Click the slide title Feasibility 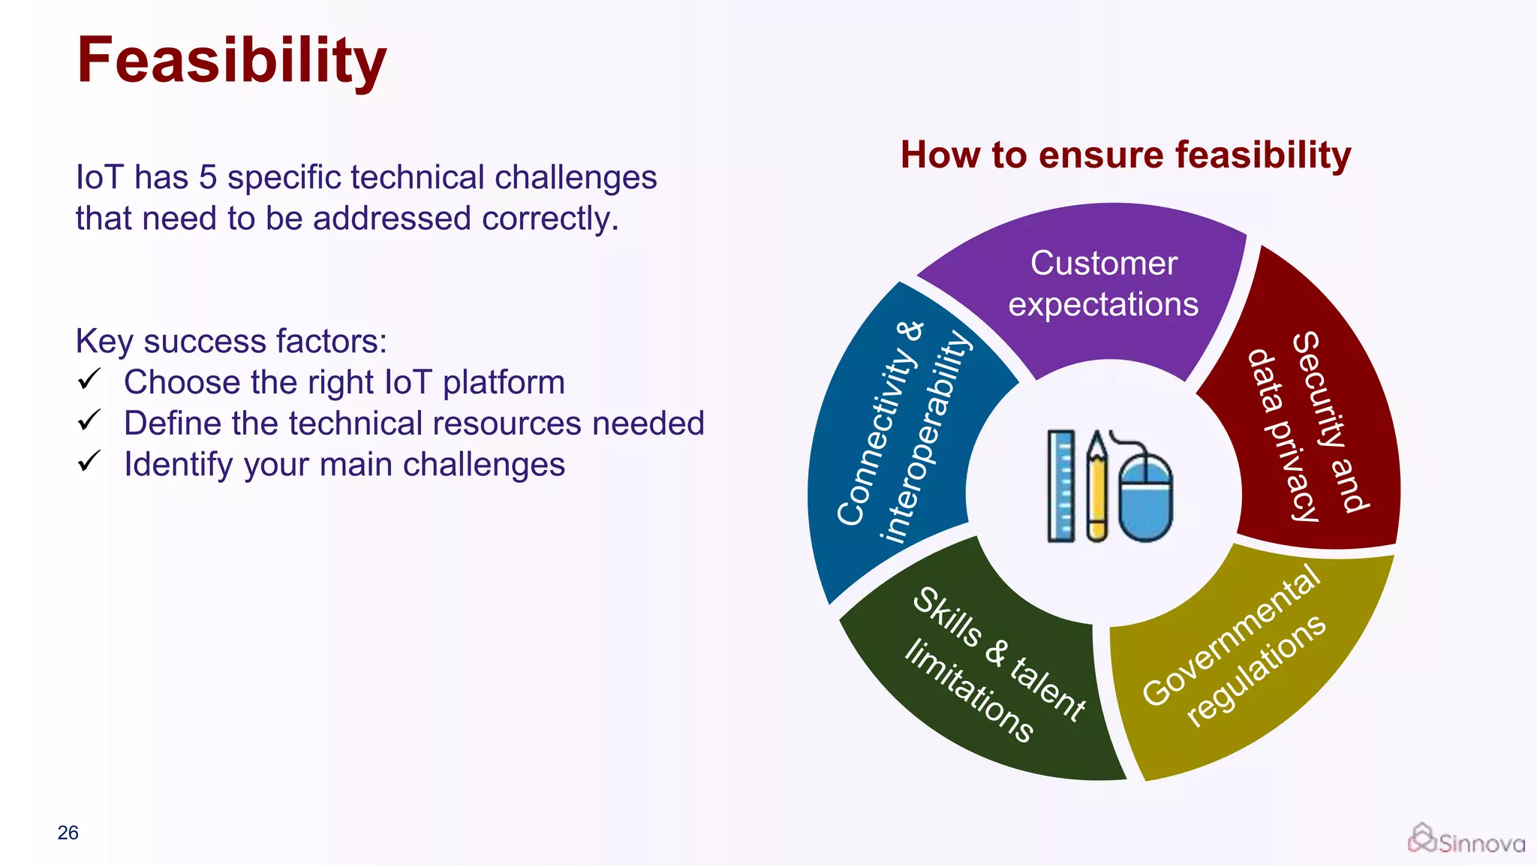click(x=231, y=62)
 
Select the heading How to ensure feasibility click(x=1125, y=155)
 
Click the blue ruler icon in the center click(x=1060, y=486)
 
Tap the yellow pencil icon click(x=1096, y=486)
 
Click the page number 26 click(x=68, y=833)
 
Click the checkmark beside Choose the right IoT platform click(x=89, y=379)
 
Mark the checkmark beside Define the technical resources click(x=89, y=420)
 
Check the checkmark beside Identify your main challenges click(x=89, y=461)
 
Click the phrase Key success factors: click(x=231, y=341)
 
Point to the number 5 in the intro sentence click(x=208, y=178)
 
